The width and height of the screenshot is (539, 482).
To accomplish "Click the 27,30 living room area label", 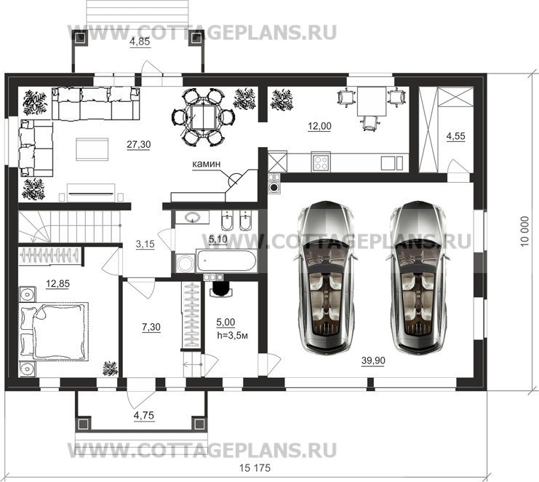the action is coord(138,144).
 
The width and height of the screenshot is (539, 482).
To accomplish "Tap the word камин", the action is coord(206,165).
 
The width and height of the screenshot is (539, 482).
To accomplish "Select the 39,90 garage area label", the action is coord(373,360).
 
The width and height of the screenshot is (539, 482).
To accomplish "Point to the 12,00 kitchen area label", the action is coord(319,126).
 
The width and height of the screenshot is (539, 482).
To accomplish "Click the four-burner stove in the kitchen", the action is coord(321,162).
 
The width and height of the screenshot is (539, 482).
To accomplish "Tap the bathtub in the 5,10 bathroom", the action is coord(225,261).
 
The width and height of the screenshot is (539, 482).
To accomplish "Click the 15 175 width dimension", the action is coord(255,468).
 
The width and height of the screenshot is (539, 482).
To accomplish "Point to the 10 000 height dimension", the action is coord(524,232).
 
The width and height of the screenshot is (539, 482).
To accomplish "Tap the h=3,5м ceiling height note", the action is coord(232,335).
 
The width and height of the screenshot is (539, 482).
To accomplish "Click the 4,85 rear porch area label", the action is coord(140,42).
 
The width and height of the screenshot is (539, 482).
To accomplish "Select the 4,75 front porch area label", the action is coord(144,415).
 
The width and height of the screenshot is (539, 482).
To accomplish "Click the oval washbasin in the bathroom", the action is coord(192,218).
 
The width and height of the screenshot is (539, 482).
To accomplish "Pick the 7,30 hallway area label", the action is coord(151,327).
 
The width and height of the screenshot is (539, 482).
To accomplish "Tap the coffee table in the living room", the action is coord(92,149).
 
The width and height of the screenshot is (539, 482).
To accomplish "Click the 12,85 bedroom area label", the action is coord(57,284).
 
